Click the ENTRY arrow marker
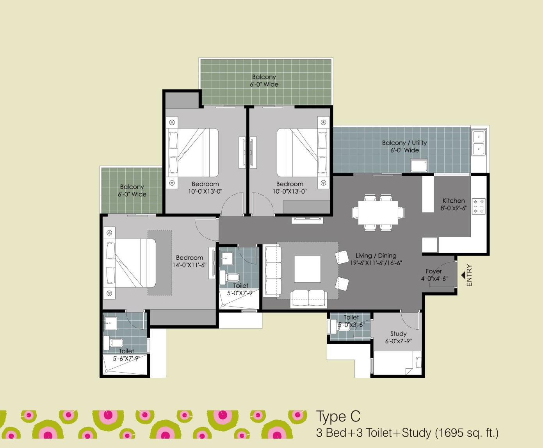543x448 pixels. point(463,275)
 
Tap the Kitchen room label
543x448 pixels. point(454,201)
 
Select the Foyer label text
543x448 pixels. point(434,271)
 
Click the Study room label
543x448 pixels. point(398,334)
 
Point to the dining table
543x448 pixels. point(378,212)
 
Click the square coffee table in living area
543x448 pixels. point(307,269)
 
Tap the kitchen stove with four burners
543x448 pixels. point(479,206)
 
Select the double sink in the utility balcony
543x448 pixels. point(479,143)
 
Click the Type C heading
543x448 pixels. point(338,416)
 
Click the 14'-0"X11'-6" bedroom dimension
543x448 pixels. point(189,265)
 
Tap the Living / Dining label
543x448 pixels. point(376,256)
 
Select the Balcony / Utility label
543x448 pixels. point(404,143)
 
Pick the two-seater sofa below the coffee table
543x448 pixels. point(308,298)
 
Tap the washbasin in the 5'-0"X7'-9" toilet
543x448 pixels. point(227,258)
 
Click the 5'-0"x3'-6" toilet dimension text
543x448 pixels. point(351,325)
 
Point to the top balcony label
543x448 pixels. point(264,77)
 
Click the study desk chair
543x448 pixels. point(418,363)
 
